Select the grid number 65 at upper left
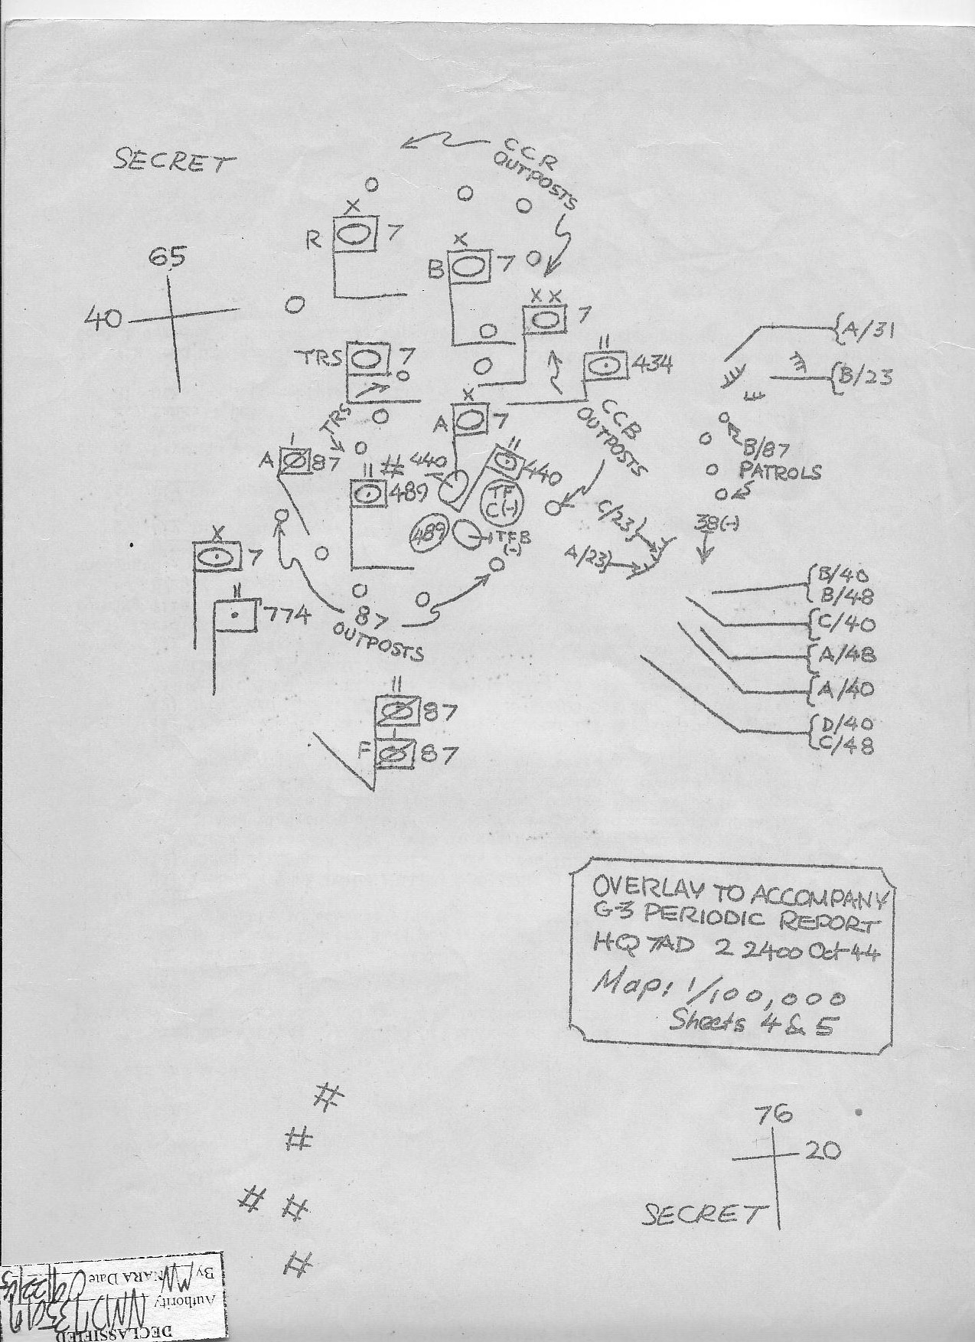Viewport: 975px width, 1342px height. coord(166,257)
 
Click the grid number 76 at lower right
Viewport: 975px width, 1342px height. coord(772,1115)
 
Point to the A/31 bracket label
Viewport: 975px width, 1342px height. coord(868,331)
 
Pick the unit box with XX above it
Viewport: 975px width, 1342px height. coord(544,318)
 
